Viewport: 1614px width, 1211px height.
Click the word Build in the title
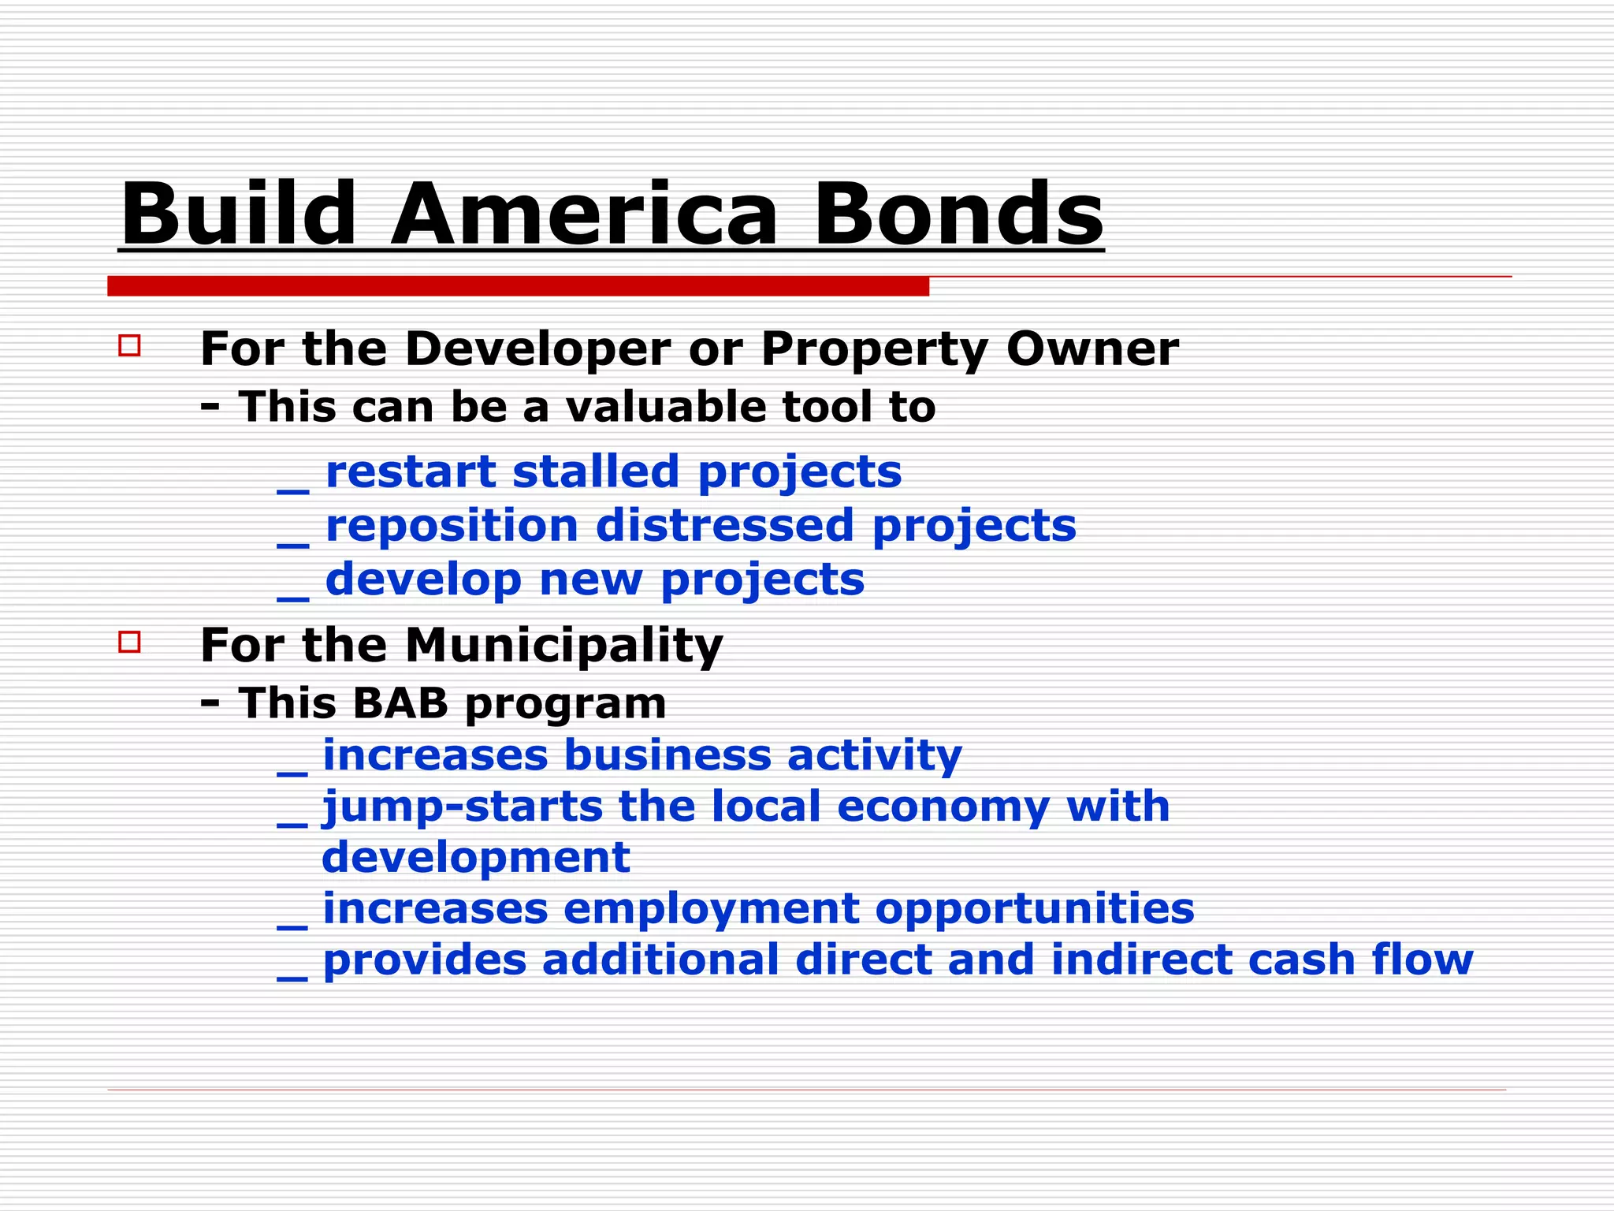[239, 214]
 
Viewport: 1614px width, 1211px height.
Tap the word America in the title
[584, 214]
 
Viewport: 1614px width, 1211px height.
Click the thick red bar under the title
[518, 287]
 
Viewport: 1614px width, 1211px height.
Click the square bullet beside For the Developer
[129, 346]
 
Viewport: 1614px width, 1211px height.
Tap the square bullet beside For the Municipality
[129, 642]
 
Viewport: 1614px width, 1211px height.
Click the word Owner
[1092, 348]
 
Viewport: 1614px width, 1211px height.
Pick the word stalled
[596, 471]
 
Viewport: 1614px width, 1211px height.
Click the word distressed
[724, 526]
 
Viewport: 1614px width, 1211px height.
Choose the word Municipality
[563, 646]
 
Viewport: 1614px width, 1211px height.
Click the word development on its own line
[475, 858]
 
